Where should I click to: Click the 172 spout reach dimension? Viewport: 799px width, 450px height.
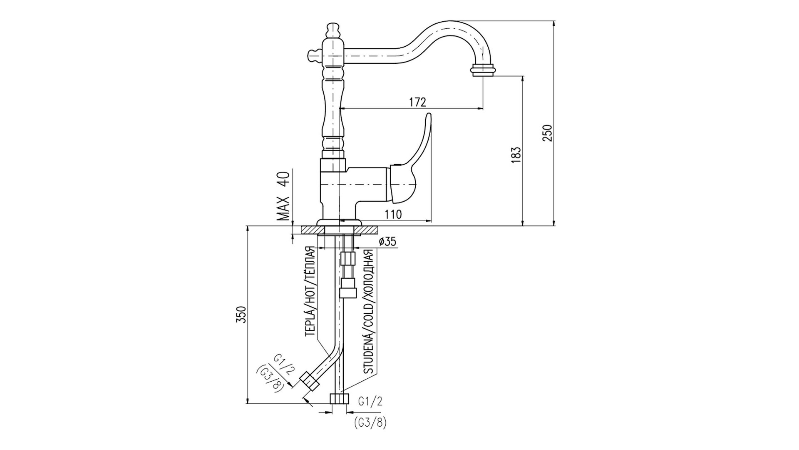coord(418,102)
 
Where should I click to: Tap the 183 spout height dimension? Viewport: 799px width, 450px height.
coord(516,155)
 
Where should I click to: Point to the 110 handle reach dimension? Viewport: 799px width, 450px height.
coord(393,215)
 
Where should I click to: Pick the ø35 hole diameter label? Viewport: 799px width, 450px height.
coord(387,242)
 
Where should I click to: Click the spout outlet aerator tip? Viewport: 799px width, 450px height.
coord(483,70)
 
